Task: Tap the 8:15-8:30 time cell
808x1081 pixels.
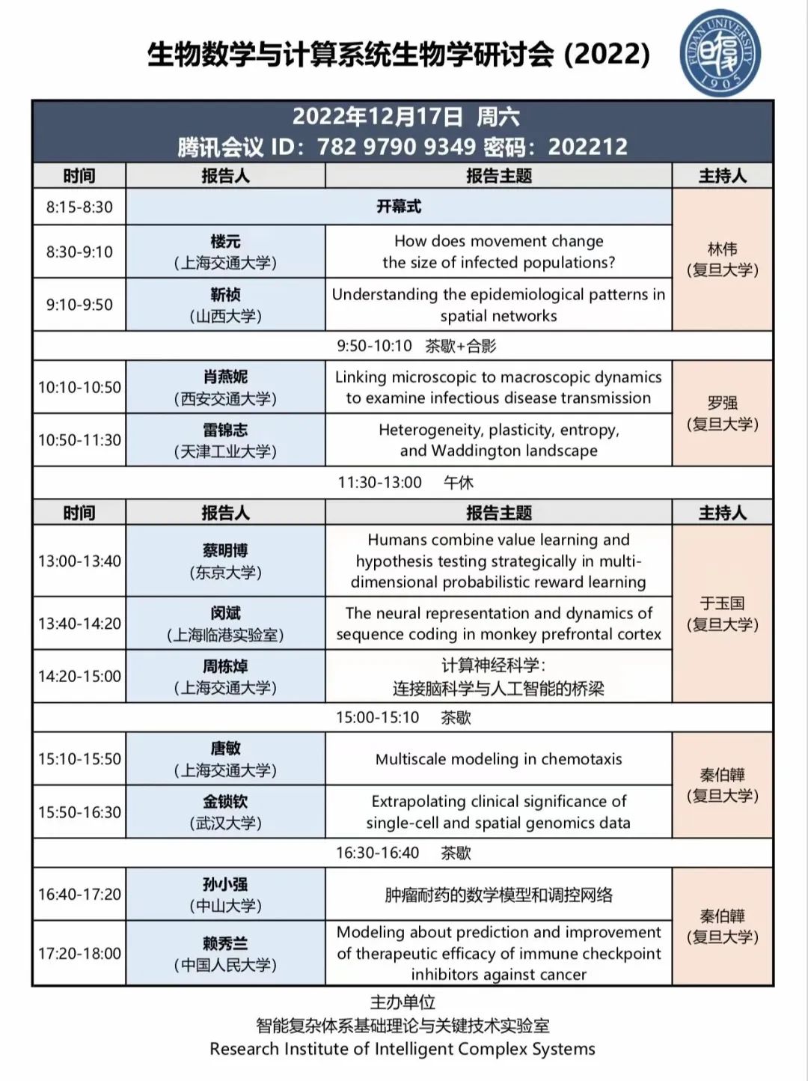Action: pyautogui.click(x=79, y=207)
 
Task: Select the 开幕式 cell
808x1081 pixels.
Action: pyautogui.click(x=399, y=207)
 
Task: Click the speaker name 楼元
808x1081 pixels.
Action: pyautogui.click(x=225, y=242)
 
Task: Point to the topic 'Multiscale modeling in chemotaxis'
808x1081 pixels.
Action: pyautogui.click(x=498, y=759)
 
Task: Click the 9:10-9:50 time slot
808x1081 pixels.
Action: pyautogui.click(x=79, y=305)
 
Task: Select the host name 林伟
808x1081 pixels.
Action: pyautogui.click(x=723, y=249)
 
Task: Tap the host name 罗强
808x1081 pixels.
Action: pyautogui.click(x=723, y=403)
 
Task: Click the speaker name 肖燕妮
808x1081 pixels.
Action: pyautogui.click(x=225, y=377)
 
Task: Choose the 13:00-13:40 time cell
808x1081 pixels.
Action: pyautogui.click(x=79, y=561)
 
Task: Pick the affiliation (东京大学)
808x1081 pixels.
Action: pyautogui.click(x=225, y=573)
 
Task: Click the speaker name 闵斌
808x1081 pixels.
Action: pyautogui.click(x=225, y=613)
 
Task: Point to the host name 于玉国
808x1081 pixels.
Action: pyautogui.click(x=723, y=603)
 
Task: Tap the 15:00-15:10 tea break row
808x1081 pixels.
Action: pyautogui.click(x=403, y=717)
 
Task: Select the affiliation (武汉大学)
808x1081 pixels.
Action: pyautogui.click(x=225, y=823)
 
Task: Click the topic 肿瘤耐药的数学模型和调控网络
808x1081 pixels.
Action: pyautogui.click(x=498, y=895)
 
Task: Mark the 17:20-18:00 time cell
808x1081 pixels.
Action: pyautogui.click(x=79, y=953)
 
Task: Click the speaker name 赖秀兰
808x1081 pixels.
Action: pyautogui.click(x=225, y=943)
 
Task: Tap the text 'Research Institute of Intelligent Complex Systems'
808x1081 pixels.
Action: pyautogui.click(x=403, y=1049)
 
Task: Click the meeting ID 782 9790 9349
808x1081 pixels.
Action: pyautogui.click(x=397, y=147)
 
